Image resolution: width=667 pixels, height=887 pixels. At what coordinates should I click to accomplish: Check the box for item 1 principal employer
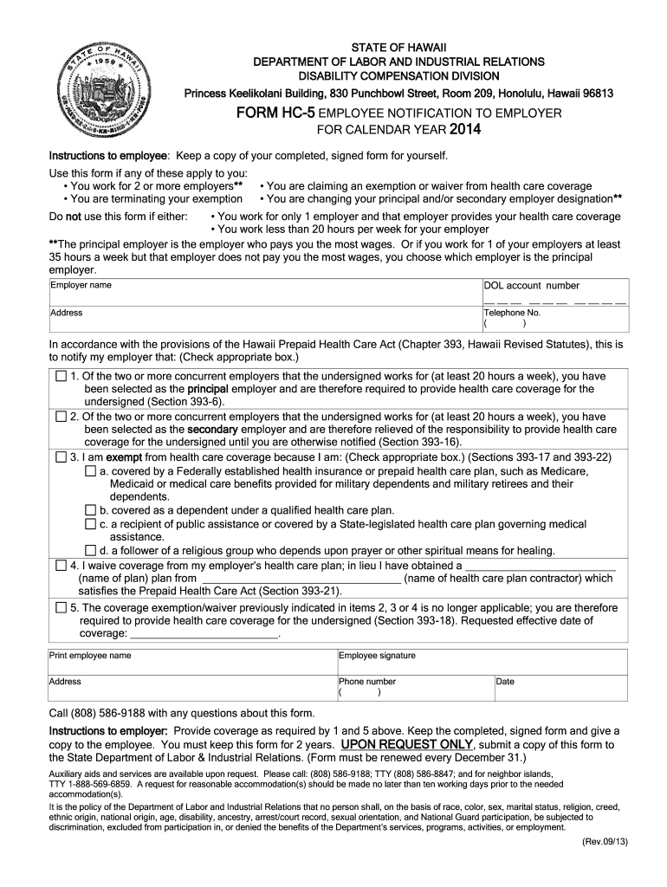coord(61,377)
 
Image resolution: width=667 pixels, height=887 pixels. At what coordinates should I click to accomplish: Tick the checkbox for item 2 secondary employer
coord(61,417)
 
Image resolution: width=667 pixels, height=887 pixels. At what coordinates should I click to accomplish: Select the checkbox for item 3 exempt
coord(61,456)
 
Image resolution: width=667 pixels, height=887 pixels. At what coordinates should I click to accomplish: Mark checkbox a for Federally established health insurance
coord(90,470)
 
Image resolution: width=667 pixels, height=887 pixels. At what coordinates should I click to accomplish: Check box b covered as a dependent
coord(90,510)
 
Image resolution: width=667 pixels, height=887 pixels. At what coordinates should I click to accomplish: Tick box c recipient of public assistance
coord(90,524)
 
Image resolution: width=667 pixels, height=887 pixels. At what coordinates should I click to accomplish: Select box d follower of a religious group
coord(90,550)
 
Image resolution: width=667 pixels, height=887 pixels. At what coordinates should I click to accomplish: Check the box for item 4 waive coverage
coord(61,565)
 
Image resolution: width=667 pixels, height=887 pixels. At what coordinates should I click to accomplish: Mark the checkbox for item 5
coord(61,607)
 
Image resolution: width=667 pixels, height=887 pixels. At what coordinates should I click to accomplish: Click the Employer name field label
coord(81,285)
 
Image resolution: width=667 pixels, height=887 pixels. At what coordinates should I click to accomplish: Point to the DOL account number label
coord(531,286)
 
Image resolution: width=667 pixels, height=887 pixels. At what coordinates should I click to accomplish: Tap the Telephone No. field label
coord(512,313)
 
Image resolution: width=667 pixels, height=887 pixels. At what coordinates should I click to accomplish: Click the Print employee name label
coord(90,656)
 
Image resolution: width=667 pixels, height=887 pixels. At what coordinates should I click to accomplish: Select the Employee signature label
coord(377,656)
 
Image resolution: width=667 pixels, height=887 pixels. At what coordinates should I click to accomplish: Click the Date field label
coord(505,682)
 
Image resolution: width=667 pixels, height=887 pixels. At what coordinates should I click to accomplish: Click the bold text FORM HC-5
coord(277,113)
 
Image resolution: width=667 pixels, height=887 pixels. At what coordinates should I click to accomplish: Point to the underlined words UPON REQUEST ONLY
coord(407,744)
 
